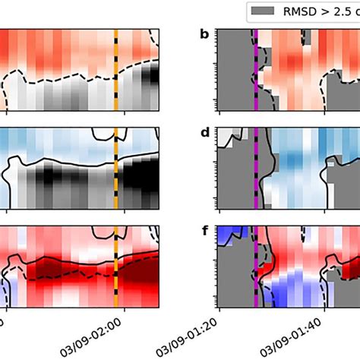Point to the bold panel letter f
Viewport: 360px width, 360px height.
[203, 229]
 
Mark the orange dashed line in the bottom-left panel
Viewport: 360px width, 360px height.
[115, 263]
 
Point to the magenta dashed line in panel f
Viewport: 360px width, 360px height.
[256, 263]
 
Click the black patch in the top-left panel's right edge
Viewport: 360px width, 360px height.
[154, 76]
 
